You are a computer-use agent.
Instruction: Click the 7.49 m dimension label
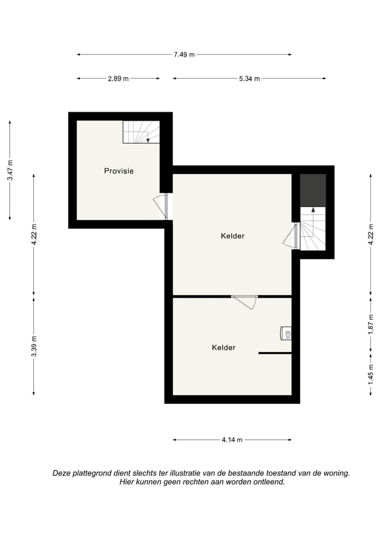coord(184,54)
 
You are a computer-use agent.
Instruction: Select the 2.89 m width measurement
coord(118,79)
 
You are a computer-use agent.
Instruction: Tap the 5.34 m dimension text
coord(249,79)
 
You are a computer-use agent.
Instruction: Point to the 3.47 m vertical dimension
coord(9,171)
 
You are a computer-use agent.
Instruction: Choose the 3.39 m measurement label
coord(34,346)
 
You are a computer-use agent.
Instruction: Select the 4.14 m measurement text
coord(232,440)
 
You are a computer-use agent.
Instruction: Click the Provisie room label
coord(119,171)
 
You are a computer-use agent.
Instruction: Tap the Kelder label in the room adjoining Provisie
coord(232,236)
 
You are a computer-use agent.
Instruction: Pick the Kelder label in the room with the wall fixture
coord(223,348)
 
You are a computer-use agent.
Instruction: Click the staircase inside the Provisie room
coord(141,132)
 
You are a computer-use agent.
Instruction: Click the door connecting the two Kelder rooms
coord(244,302)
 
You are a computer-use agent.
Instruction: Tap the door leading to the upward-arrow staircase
coord(291,236)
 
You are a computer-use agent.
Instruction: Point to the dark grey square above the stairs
coord(313,190)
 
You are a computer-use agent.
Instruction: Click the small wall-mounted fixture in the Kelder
coord(285,333)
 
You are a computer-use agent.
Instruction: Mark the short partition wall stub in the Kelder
coord(274,353)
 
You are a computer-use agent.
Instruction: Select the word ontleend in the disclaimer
coord(269,482)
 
